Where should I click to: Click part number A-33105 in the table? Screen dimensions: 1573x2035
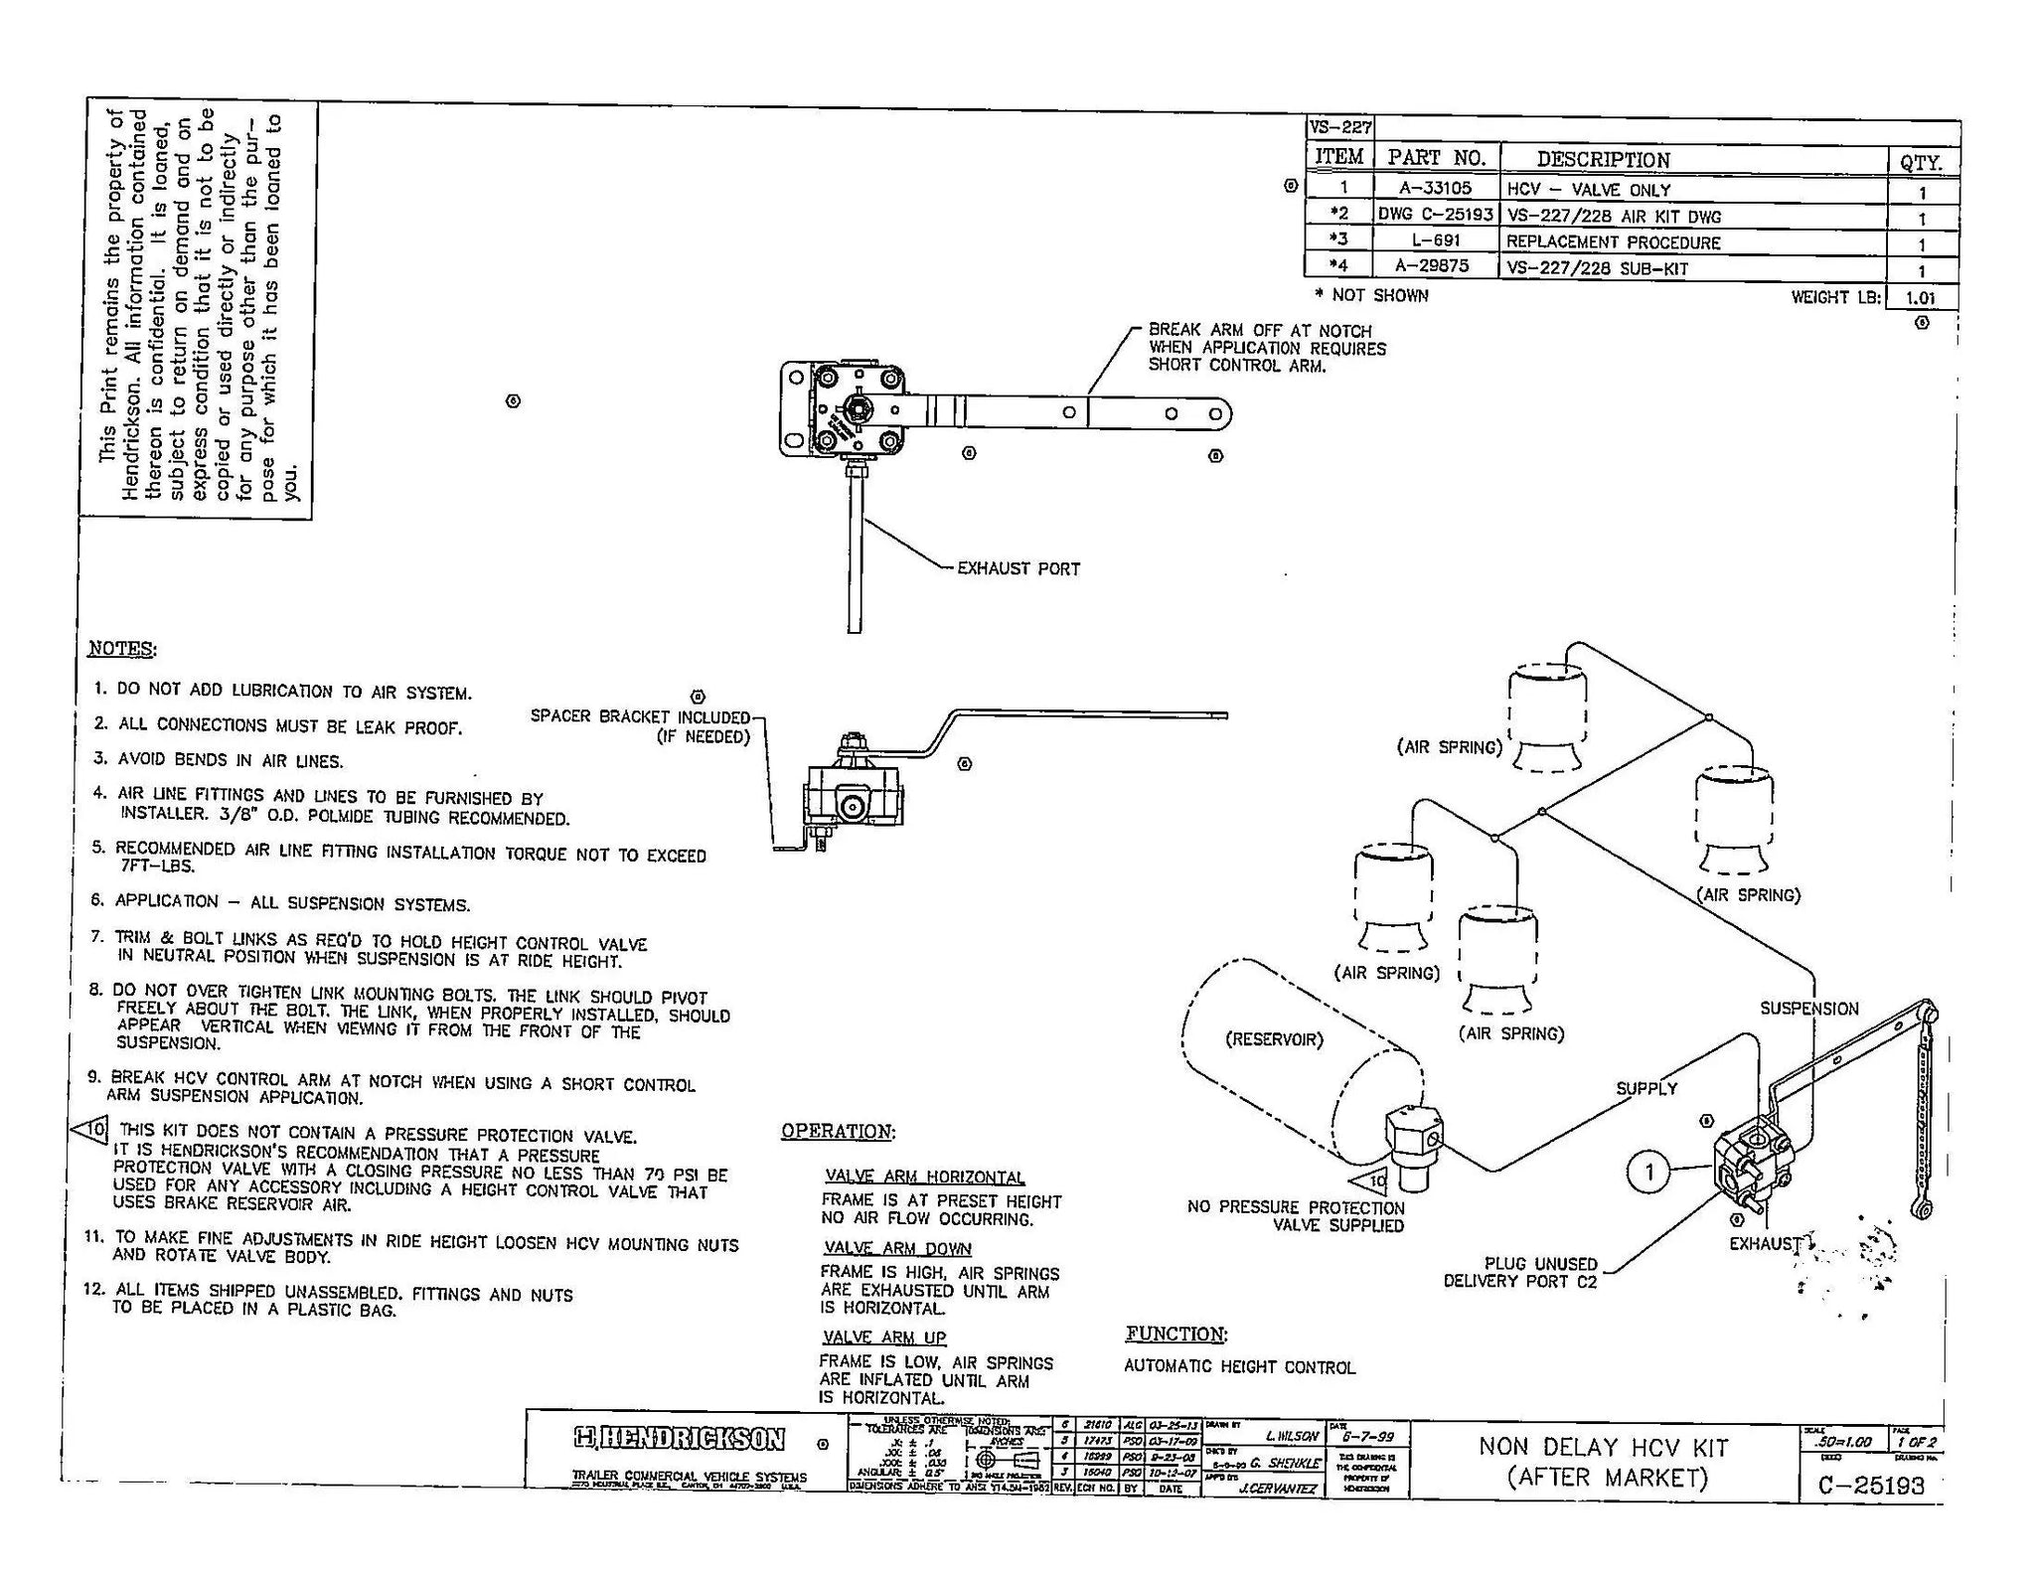coord(1434,188)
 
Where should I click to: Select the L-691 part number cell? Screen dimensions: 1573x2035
coord(1435,240)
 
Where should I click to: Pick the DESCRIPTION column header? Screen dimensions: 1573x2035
coord(1602,159)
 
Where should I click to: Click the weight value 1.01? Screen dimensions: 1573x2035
coord(1920,297)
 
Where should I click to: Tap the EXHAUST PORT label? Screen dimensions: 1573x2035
coord(1017,568)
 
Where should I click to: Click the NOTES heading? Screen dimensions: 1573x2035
coord(121,649)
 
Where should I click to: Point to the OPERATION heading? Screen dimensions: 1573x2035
coord(837,1131)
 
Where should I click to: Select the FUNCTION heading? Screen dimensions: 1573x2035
coord(1175,1334)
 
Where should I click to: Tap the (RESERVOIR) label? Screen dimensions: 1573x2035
coord(1274,1039)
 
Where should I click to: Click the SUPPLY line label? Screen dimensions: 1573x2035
coord(1645,1088)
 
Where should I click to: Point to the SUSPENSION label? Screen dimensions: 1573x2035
coord(1808,1008)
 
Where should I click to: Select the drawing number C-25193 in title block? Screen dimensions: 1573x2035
coord(1871,1485)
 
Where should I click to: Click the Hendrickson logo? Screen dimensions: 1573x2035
coord(680,1439)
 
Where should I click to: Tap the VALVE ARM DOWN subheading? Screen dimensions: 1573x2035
coord(897,1248)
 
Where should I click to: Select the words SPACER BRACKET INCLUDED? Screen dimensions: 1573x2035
coord(640,716)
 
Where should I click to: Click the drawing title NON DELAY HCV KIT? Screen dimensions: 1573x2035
coord(1603,1447)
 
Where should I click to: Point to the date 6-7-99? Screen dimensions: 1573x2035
coord(1367,1436)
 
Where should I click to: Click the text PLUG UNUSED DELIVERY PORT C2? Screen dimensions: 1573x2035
coord(1525,1272)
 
